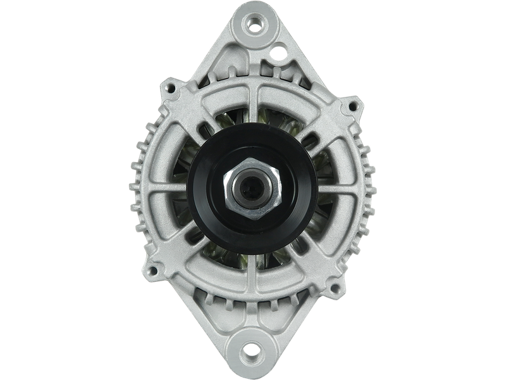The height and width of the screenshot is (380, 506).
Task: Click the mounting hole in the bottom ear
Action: tap(252, 350)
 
